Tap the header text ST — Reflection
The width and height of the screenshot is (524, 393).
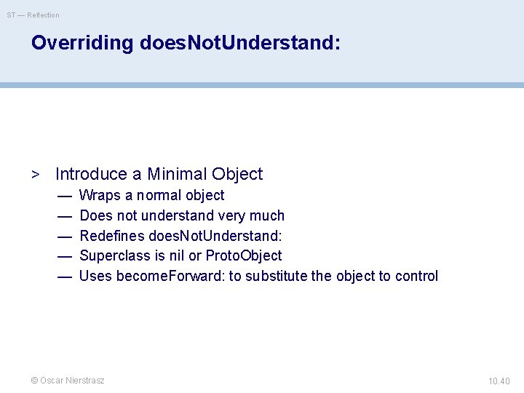(33, 15)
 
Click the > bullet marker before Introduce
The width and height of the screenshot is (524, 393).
(35, 175)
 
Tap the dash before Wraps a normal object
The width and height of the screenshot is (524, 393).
(65, 195)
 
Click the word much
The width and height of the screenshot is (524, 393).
(267, 215)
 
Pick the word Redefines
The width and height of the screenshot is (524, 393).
(111, 236)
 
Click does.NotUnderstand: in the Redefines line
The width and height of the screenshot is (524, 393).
(215, 236)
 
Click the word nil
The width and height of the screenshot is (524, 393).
(178, 255)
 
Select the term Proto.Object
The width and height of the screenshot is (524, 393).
(244, 255)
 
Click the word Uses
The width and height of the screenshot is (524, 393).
(95, 276)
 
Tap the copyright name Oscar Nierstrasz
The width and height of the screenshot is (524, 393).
(72, 381)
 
